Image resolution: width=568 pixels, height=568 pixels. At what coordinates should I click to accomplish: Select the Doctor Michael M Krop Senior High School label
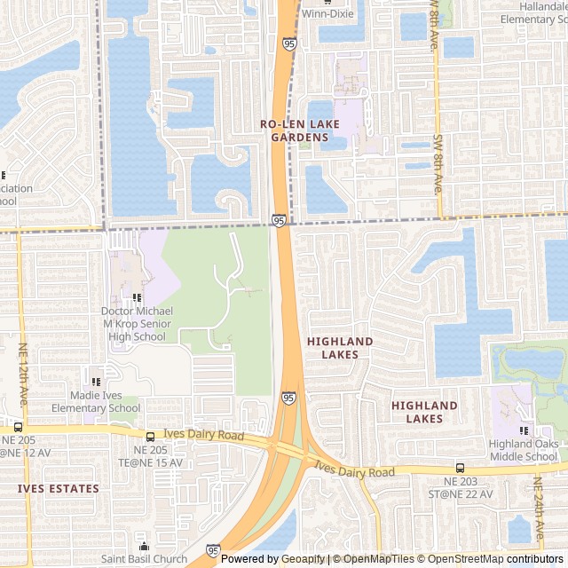coord(137,324)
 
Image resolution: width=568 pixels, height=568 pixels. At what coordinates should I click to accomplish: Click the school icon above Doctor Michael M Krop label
coord(137,298)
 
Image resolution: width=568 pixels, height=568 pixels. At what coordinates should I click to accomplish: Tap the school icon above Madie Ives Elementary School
coord(96,381)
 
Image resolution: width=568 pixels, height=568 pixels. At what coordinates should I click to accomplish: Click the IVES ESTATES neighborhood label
coord(59,488)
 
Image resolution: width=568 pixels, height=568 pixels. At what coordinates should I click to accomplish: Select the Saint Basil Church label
coord(144,559)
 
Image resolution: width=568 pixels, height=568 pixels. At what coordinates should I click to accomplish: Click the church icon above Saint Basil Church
coord(144,546)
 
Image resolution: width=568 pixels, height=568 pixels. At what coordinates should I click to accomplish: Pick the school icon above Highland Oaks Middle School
coord(524,431)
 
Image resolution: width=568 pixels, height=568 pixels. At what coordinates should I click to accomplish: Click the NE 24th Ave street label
coord(537,510)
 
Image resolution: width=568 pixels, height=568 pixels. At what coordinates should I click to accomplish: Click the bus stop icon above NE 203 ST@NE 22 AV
coord(460,468)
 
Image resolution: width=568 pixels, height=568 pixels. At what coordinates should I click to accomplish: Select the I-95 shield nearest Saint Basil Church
coord(213,551)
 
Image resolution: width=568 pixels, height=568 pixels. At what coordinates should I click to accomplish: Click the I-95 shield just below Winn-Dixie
coord(291,42)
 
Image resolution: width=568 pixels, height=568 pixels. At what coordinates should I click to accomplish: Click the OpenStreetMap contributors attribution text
coord(506,559)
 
